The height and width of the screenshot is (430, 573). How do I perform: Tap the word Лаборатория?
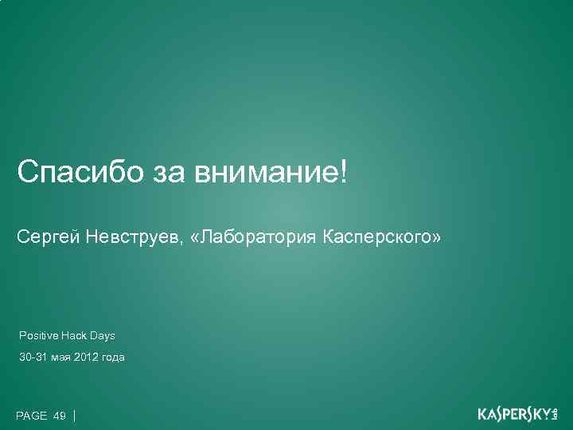260,237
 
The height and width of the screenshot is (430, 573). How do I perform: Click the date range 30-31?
33,358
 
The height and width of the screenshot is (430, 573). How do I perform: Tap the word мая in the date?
60,358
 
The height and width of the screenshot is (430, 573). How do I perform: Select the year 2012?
87,358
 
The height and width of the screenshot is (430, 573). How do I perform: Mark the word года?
114,358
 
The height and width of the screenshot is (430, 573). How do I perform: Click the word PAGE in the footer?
32,416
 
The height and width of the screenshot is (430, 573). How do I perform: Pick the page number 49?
60,416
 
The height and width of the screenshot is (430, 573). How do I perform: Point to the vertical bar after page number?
74,415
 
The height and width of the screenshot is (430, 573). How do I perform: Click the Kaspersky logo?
518,414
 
